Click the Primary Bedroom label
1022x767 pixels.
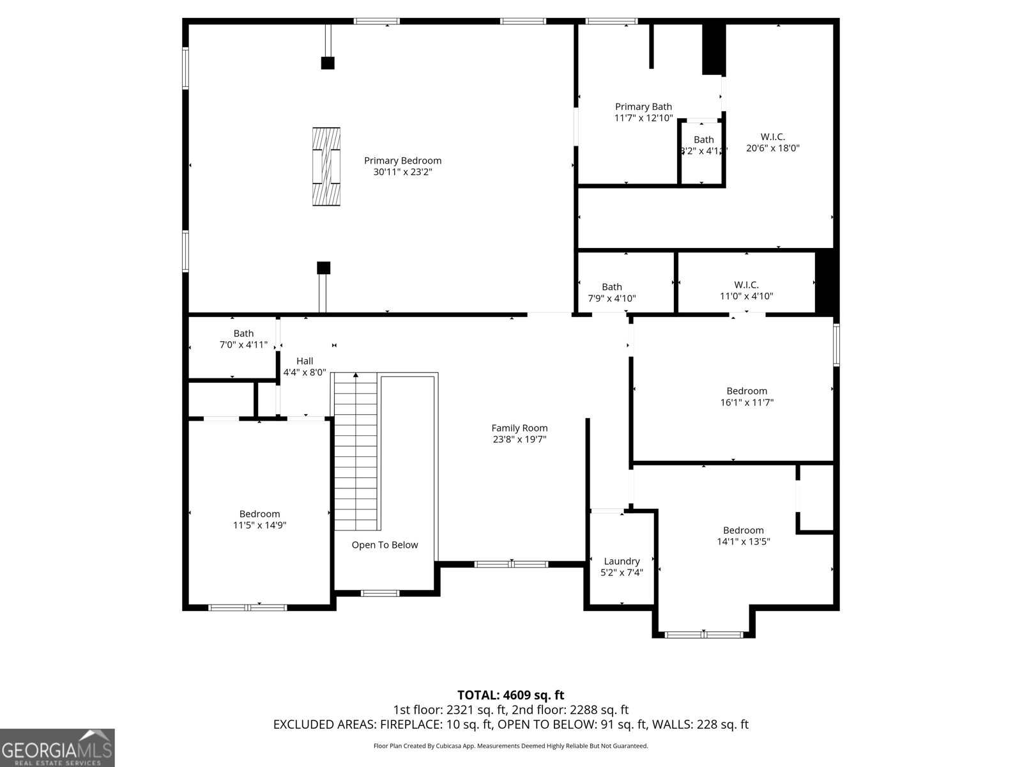402,160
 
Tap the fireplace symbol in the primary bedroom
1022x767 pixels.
326,166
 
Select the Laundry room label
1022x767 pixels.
622,561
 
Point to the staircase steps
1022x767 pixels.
356,451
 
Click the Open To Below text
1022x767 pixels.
385,545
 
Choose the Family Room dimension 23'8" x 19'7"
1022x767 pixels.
519,439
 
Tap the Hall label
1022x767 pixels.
305,361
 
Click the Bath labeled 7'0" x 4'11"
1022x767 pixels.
243,339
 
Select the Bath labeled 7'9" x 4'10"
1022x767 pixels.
611,293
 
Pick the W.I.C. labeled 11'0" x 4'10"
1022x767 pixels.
746,290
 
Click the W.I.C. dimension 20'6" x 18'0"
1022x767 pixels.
773,148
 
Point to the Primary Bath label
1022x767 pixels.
643,107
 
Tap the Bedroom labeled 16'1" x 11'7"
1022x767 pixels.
747,396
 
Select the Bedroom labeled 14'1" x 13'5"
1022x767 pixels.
744,536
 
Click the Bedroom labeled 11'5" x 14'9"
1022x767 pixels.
259,519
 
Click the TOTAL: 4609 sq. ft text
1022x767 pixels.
510,695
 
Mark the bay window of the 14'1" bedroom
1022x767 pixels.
703,635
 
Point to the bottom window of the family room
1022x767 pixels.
511,564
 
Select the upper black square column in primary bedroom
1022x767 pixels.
328,63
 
